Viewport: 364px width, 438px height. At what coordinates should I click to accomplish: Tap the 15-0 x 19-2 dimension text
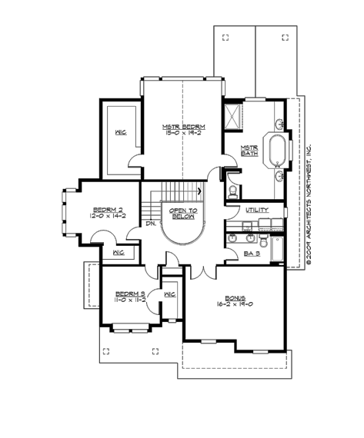[x=182, y=133]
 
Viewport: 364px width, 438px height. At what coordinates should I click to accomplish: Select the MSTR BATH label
[x=249, y=150]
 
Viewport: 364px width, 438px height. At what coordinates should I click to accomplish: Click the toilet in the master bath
[x=233, y=191]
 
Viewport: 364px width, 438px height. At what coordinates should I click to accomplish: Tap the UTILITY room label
[x=257, y=210]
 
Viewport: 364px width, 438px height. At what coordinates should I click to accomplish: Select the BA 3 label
[x=252, y=253]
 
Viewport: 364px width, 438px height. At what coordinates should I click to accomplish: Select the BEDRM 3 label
[x=126, y=293]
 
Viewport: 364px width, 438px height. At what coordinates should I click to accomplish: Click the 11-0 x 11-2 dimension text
[x=126, y=300]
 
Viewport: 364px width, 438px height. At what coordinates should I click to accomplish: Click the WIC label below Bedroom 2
[x=119, y=252]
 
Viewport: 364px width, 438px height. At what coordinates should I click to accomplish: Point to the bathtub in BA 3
[x=278, y=251]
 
